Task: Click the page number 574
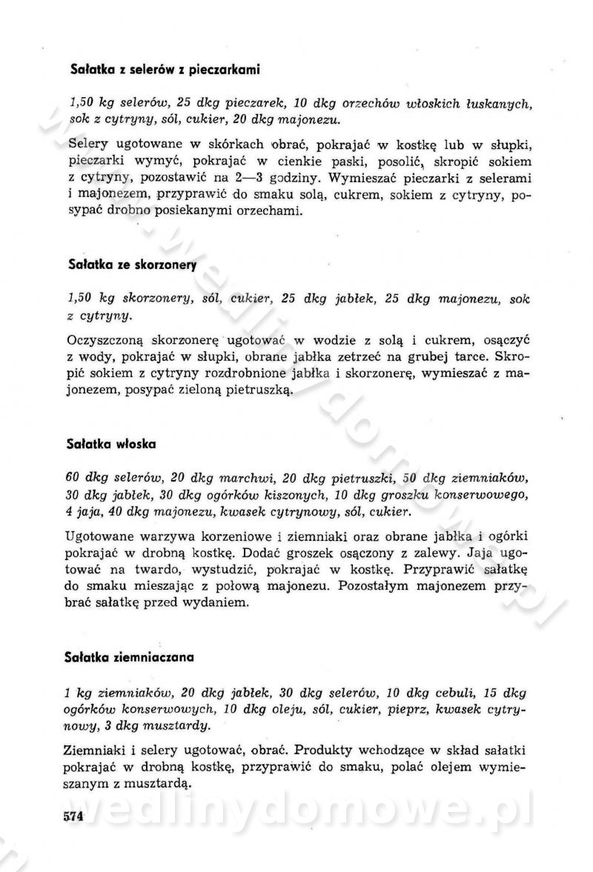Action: [x=75, y=816]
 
